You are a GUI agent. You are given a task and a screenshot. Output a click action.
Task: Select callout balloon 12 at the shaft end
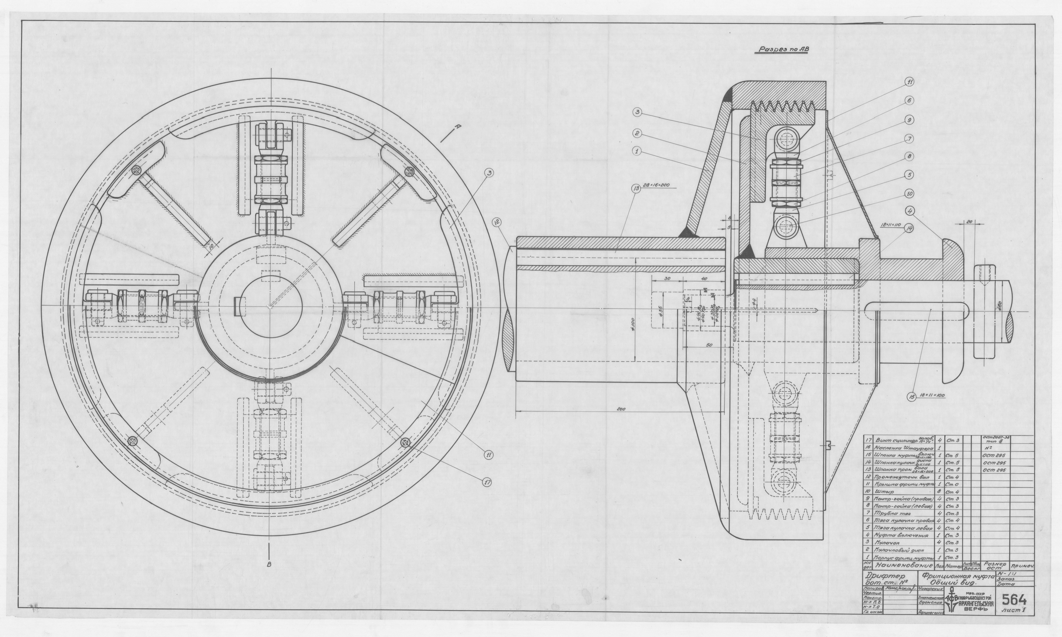(497, 222)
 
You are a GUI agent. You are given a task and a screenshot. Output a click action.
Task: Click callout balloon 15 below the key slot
(912, 397)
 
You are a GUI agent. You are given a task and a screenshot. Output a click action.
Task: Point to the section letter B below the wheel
(269, 565)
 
